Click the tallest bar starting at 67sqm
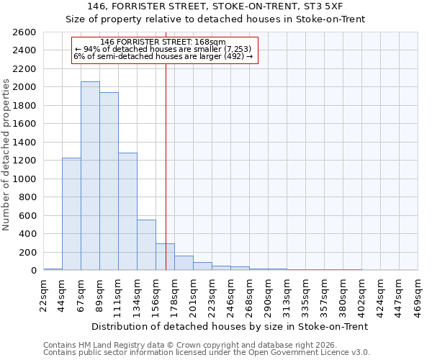click(90, 176)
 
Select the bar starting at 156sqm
click(165, 257)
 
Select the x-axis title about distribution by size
click(230, 326)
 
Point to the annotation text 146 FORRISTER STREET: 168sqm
click(163, 42)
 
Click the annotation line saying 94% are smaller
click(164, 49)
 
